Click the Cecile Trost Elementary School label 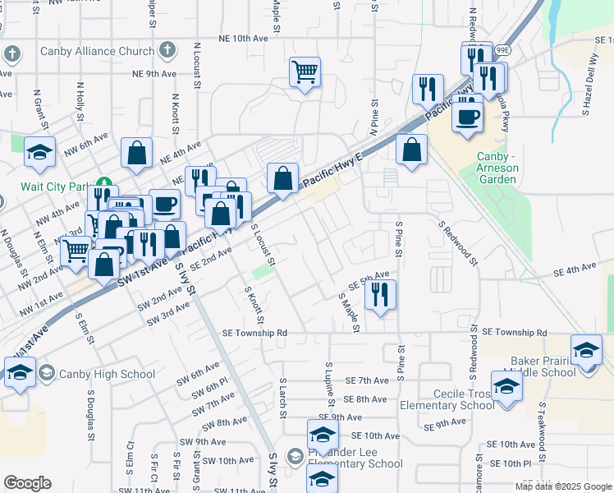(447, 399)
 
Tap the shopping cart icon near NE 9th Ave (305, 72)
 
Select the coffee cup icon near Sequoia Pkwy (468, 115)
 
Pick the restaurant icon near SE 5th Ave (380, 294)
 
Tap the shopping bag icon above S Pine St (411, 150)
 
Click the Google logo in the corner (28, 482)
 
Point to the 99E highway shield (502, 50)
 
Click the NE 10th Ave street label (244, 39)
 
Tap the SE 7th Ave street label (366, 380)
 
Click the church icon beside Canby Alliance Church (167, 51)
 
